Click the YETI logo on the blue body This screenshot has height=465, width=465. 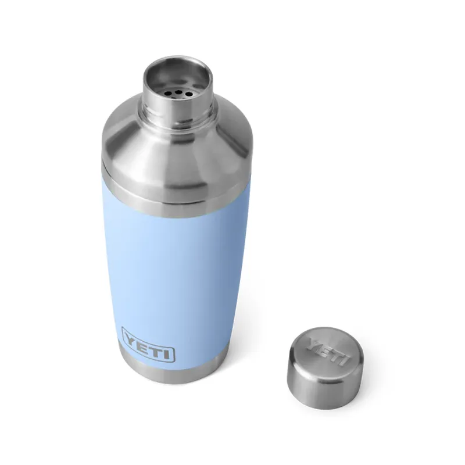click(149, 352)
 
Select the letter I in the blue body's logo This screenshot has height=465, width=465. click(169, 353)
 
